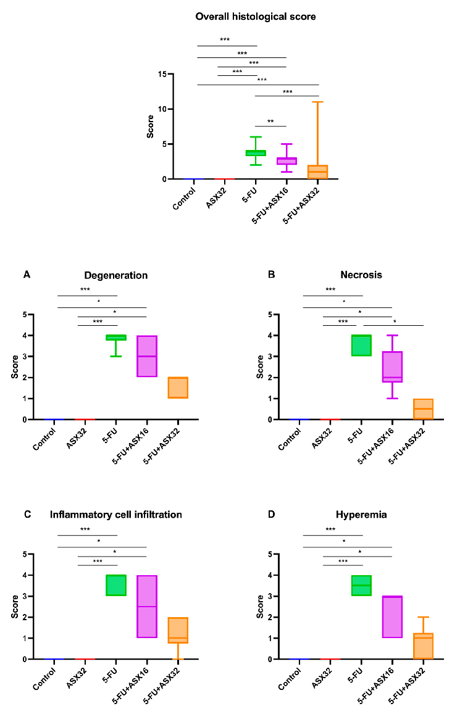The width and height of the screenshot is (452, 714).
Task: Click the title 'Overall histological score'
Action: [x=256, y=17]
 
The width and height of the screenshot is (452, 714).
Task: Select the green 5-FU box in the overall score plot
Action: [x=256, y=152]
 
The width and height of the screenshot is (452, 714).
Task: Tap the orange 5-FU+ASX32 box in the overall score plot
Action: [x=319, y=172]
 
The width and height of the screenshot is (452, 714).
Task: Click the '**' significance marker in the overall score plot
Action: [x=270, y=122]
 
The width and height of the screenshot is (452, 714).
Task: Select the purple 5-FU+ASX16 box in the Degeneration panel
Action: [x=147, y=356]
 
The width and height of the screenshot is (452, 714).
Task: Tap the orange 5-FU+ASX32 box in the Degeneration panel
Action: [x=178, y=388]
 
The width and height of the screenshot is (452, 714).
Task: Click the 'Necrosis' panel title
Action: [x=361, y=275]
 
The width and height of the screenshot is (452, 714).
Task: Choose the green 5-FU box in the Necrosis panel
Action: [x=362, y=346]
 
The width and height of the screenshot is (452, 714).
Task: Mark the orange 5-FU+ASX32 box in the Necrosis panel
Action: [x=423, y=409]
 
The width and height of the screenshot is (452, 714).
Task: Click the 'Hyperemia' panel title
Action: [x=361, y=515]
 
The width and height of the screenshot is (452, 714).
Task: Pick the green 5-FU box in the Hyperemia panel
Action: [x=362, y=585]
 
